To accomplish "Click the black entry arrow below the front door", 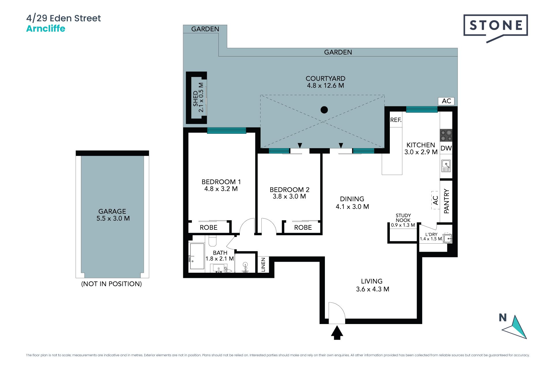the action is [337, 332].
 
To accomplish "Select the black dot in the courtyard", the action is [324, 110].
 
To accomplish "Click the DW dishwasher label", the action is [446, 148].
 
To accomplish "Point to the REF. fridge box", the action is [396, 120].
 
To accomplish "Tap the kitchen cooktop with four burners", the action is [446, 135].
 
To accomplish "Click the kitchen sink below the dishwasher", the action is [446, 166].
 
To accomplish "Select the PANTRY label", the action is [446, 201].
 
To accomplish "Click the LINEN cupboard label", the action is [263, 265].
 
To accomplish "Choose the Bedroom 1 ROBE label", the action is [209, 227].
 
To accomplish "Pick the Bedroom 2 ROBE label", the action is [303, 227].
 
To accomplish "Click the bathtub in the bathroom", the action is [197, 256].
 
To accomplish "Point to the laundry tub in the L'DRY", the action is [448, 238].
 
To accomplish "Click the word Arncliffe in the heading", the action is [46, 29].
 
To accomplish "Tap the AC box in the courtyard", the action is [446, 101].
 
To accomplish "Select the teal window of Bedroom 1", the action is [227, 131].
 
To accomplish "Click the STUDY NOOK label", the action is [403, 218].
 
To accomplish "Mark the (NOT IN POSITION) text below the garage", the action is [111, 284].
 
